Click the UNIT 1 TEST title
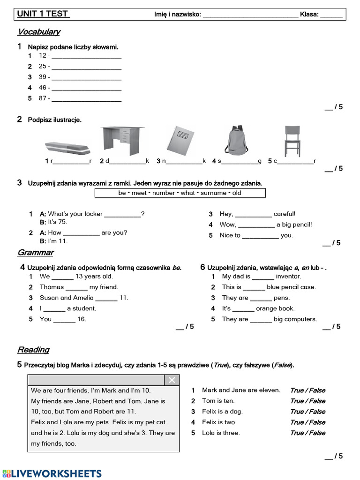click(43, 14)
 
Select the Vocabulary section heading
click(39, 32)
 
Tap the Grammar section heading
click(36, 253)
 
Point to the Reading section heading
click(33, 350)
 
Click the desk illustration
click(123, 141)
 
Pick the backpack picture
click(235, 140)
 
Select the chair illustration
click(292, 141)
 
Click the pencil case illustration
click(67, 148)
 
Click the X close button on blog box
click(172, 380)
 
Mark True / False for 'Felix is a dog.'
click(307, 412)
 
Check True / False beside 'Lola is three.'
click(307, 433)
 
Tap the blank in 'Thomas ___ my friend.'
click(76, 288)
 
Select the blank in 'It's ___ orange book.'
click(243, 309)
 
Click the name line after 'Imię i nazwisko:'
click(250, 15)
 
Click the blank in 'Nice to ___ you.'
click(260, 236)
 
